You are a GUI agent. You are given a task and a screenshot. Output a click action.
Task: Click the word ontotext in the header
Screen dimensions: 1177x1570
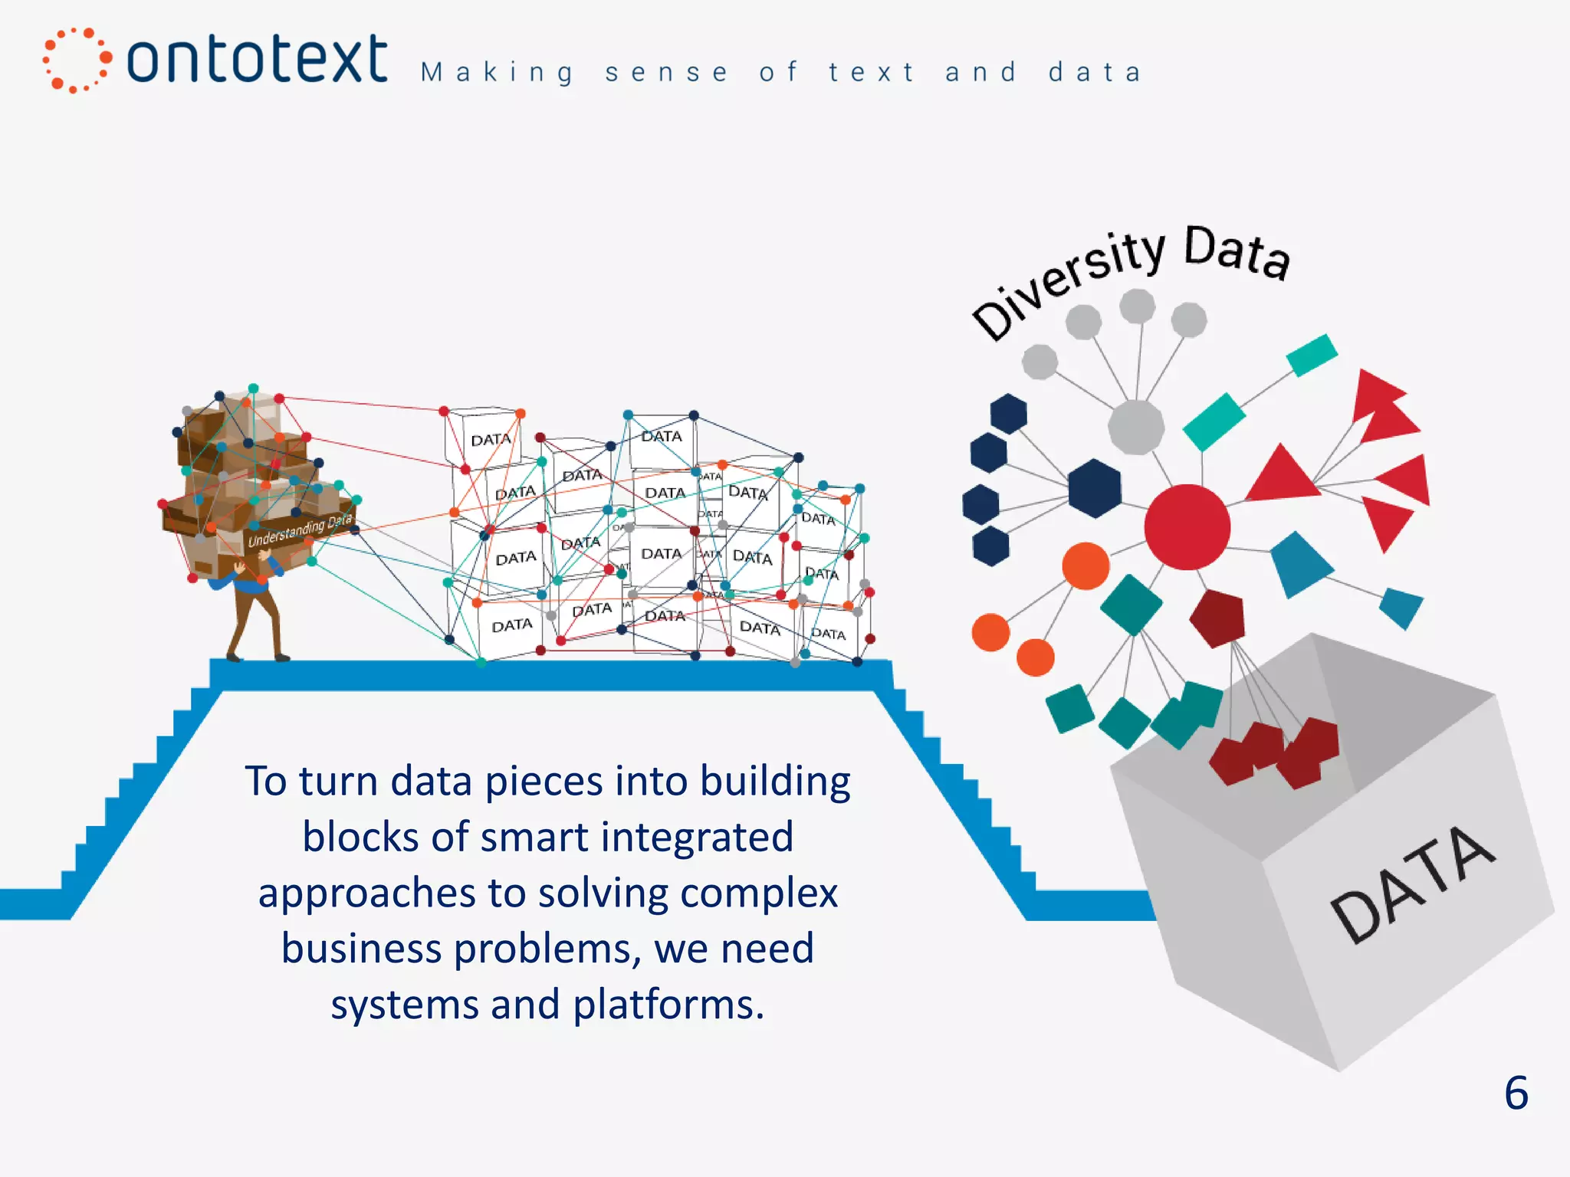[256, 60]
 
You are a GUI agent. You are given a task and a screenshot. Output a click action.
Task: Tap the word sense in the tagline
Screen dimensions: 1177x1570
[666, 73]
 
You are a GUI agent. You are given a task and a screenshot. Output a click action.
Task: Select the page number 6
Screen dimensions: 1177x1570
[1516, 1093]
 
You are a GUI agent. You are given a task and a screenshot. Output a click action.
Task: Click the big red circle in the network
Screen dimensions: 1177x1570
[1187, 527]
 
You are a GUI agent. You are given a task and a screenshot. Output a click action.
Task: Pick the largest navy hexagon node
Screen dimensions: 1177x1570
[1094, 488]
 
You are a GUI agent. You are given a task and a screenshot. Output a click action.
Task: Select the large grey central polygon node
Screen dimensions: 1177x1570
[1136, 425]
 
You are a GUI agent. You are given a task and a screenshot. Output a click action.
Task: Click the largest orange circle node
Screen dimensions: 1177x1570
[1085, 566]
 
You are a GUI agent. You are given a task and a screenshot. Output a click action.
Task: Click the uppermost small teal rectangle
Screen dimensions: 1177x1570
[1312, 355]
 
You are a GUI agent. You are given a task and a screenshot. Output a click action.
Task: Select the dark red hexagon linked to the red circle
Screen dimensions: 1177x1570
[1217, 618]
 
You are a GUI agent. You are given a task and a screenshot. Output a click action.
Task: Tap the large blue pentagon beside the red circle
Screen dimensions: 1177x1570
[1299, 563]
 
